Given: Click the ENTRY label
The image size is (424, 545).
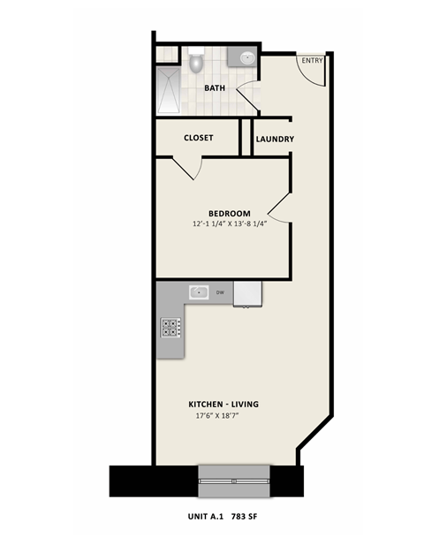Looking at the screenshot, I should (312, 60).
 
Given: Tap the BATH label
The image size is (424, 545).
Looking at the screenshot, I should (216, 88).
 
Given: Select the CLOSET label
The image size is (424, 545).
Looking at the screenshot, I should (198, 138).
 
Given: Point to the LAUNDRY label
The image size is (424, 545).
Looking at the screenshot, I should (275, 140).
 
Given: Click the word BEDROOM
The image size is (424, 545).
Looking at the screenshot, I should (230, 213).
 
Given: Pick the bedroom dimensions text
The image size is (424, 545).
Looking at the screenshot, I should (230, 224).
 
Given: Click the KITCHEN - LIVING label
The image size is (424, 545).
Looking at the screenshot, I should (228, 404).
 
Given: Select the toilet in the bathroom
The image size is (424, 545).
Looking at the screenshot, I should (196, 63).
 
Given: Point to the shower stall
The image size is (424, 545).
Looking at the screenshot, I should (168, 91).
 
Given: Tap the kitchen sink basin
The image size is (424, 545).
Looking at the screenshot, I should (198, 291).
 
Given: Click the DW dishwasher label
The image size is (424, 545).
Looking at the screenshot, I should (219, 291).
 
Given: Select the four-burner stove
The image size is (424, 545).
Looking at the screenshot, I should (170, 328).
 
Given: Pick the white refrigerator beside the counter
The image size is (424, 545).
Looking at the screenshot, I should (247, 293).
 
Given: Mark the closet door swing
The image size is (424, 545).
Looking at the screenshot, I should (191, 168).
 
